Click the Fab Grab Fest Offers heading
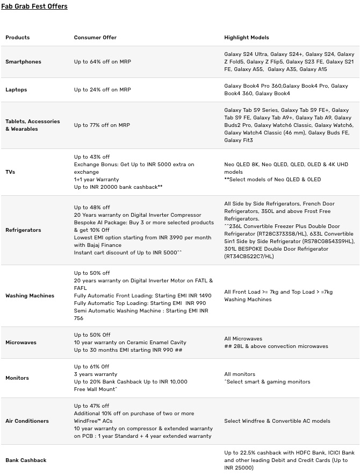(x=34, y=6)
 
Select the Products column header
(x=18, y=38)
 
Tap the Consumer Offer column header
(x=95, y=38)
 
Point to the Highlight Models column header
(x=247, y=38)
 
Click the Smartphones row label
(x=23, y=62)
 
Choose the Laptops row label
(x=16, y=90)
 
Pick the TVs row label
(x=10, y=172)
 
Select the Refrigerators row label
(x=23, y=230)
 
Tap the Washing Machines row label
(x=30, y=296)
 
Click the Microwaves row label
(x=21, y=343)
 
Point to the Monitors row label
(x=17, y=378)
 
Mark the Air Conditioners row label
(x=27, y=421)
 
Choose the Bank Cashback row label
(x=26, y=460)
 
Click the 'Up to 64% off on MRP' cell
(x=103, y=62)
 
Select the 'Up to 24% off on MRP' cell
(x=103, y=90)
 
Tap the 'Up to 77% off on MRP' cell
(x=102, y=125)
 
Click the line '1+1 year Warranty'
(x=97, y=180)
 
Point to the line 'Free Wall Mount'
(x=95, y=389)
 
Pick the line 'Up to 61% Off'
(x=91, y=367)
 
